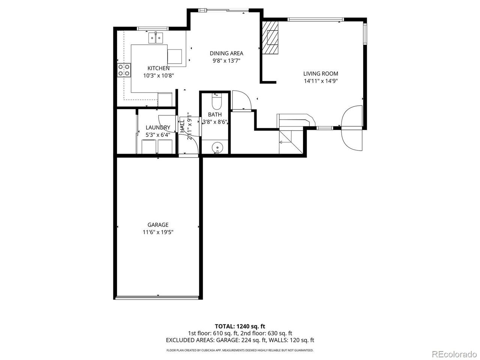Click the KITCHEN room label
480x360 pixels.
[x=158, y=68]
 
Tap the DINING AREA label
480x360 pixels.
[x=226, y=53]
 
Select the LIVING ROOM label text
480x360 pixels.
[x=321, y=73]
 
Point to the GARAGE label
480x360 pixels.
[x=158, y=225]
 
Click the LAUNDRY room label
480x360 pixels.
[x=158, y=127]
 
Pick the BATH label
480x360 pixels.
[x=215, y=114]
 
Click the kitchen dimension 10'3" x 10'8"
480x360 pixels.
[x=158, y=76]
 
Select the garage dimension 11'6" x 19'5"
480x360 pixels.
[x=158, y=232]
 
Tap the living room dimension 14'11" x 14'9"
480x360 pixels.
[x=321, y=81]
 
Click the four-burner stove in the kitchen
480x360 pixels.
[x=124, y=70]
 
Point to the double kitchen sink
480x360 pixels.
[x=156, y=38]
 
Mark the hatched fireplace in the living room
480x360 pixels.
[x=270, y=37]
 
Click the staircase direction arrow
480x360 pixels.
[x=283, y=142]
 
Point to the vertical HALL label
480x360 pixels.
[x=182, y=126]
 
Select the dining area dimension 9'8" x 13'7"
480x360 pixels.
[x=226, y=60]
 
